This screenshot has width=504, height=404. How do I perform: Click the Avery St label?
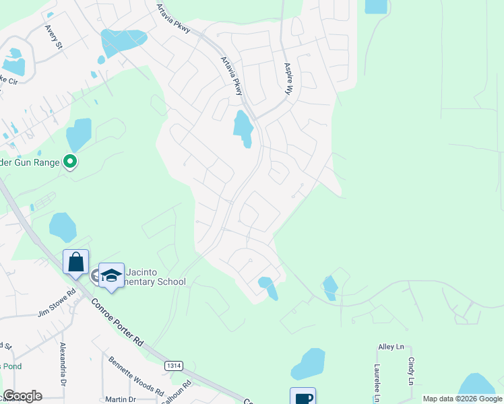tap(53, 37)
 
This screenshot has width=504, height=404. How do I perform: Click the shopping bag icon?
tap(75, 261)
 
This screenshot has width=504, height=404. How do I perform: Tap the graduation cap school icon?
tap(111, 274)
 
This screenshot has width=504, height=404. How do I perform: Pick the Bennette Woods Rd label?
tap(136, 376)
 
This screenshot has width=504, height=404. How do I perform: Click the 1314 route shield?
tap(173, 365)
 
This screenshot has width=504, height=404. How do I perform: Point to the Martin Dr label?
tap(120, 399)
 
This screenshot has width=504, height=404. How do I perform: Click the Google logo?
tap(22, 396)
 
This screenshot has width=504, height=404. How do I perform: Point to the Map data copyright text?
tap(462, 399)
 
